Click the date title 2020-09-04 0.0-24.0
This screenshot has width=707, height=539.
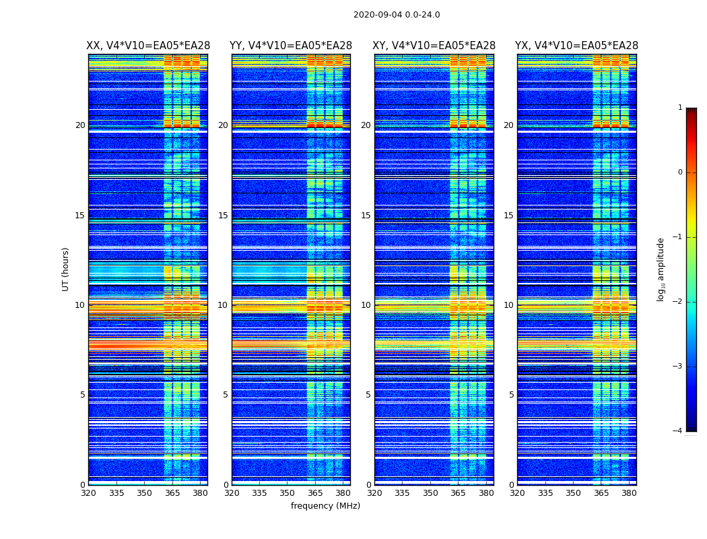click(397, 15)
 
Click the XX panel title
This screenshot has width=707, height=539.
click(148, 46)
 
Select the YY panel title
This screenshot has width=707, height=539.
click(291, 46)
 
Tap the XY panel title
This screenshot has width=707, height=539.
click(434, 46)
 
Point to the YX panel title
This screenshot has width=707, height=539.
click(577, 46)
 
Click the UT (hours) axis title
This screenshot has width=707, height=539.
click(66, 269)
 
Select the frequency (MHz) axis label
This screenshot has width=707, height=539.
click(325, 506)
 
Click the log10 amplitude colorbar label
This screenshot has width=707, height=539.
click(661, 269)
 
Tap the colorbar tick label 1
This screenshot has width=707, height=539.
click(679, 108)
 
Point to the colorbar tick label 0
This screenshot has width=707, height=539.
click(679, 172)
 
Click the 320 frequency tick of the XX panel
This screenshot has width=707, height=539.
click(88, 493)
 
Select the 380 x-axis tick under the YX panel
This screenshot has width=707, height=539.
click(629, 493)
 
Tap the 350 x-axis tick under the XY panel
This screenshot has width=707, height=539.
click(430, 493)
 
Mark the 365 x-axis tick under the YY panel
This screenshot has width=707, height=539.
click(315, 493)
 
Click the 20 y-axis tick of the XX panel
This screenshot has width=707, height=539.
click(80, 125)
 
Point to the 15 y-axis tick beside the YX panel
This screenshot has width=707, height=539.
click(509, 216)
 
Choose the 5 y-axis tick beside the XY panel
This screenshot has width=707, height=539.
click(368, 395)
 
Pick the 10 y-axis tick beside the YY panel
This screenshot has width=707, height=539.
click(223, 305)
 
